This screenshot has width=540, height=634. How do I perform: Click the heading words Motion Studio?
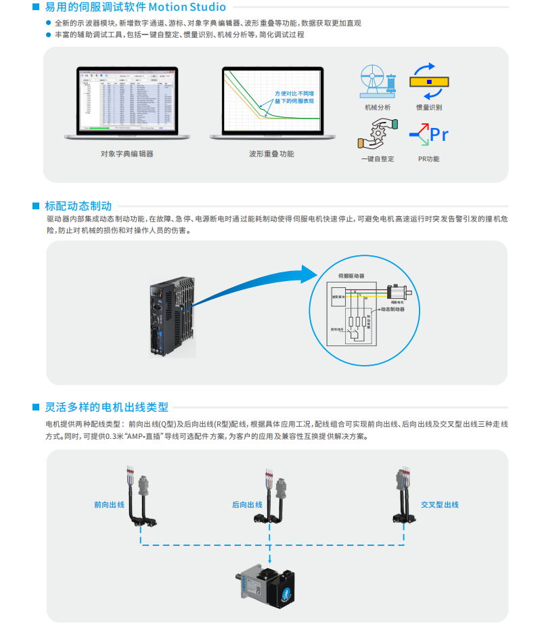coord(186,7)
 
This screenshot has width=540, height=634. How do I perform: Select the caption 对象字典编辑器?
coord(127,154)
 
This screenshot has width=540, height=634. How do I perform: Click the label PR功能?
coord(428,159)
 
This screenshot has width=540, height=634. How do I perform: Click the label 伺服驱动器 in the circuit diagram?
coord(351,276)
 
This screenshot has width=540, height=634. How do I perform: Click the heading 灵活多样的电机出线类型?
coord(106,407)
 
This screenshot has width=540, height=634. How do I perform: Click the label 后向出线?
coord(247,505)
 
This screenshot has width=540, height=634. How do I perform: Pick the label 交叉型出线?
coord(439,505)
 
